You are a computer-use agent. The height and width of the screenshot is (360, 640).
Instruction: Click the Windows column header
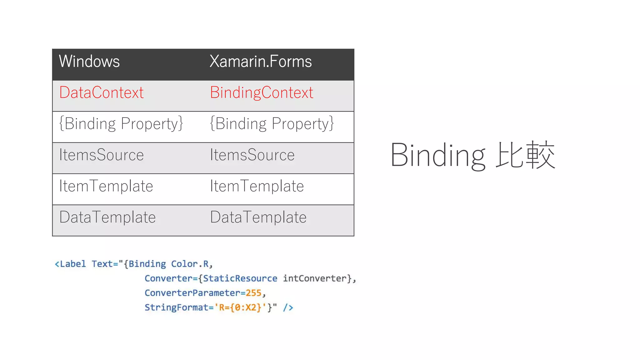tap(89, 61)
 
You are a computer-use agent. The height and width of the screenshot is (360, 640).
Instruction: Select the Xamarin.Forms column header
tap(261, 61)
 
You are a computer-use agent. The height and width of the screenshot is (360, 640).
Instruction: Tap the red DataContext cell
tap(102, 92)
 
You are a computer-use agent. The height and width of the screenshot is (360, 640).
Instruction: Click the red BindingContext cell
tap(262, 92)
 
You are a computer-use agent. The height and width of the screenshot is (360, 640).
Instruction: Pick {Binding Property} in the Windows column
tap(121, 124)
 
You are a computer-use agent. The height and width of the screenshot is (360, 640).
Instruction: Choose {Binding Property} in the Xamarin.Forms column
tap(272, 124)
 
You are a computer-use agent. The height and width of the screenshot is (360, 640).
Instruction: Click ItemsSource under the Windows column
tap(102, 155)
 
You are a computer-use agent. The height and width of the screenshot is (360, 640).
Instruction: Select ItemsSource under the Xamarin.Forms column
tap(252, 155)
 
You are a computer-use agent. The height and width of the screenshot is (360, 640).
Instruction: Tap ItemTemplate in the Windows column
tap(106, 186)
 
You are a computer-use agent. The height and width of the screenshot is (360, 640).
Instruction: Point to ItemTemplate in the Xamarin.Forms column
tap(257, 186)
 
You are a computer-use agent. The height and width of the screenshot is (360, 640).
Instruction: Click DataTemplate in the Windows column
tap(107, 217)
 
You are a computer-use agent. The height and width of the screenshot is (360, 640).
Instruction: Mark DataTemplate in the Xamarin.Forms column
tap(258, 217)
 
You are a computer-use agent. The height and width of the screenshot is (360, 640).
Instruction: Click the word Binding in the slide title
tap(438, 155)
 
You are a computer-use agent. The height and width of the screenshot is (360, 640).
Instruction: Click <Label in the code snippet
tap(70, 264)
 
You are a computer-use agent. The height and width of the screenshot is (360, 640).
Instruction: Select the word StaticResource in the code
tap(240, 278)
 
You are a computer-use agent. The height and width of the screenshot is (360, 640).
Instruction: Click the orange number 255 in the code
tap(253, 293)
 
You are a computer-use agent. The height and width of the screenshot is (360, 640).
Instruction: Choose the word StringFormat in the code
tap(176, 307)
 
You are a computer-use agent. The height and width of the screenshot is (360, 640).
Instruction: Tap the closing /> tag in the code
tap(288, 307)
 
